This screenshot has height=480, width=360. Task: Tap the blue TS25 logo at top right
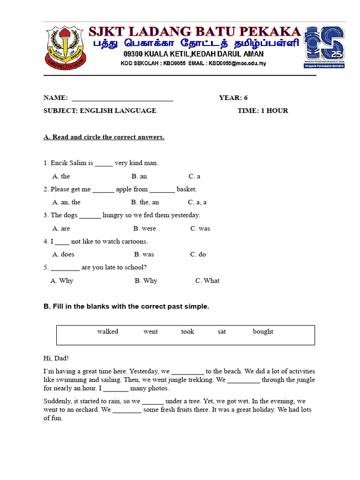[324, 47]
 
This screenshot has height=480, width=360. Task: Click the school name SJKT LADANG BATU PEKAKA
[195, 32]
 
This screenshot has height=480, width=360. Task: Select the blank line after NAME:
[122, 98]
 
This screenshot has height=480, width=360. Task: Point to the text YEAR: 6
[233, 98]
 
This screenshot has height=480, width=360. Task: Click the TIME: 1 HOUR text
[262, 111]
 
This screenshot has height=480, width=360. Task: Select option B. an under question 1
[139, 176]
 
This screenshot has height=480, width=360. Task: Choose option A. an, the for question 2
[66, 202]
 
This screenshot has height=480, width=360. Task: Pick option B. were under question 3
[144, 229]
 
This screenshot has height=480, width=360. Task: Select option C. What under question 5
[207, 281]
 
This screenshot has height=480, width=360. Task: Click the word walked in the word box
[108, 332]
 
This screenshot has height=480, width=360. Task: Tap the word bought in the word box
[263, 332]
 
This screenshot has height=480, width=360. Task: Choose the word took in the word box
[187, 332]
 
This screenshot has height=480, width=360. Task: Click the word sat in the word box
[222, 332]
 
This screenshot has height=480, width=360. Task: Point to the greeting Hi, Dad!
[56, 358]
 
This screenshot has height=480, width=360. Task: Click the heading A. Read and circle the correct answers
[104, 137]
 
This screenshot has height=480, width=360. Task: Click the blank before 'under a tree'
[153, 402]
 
